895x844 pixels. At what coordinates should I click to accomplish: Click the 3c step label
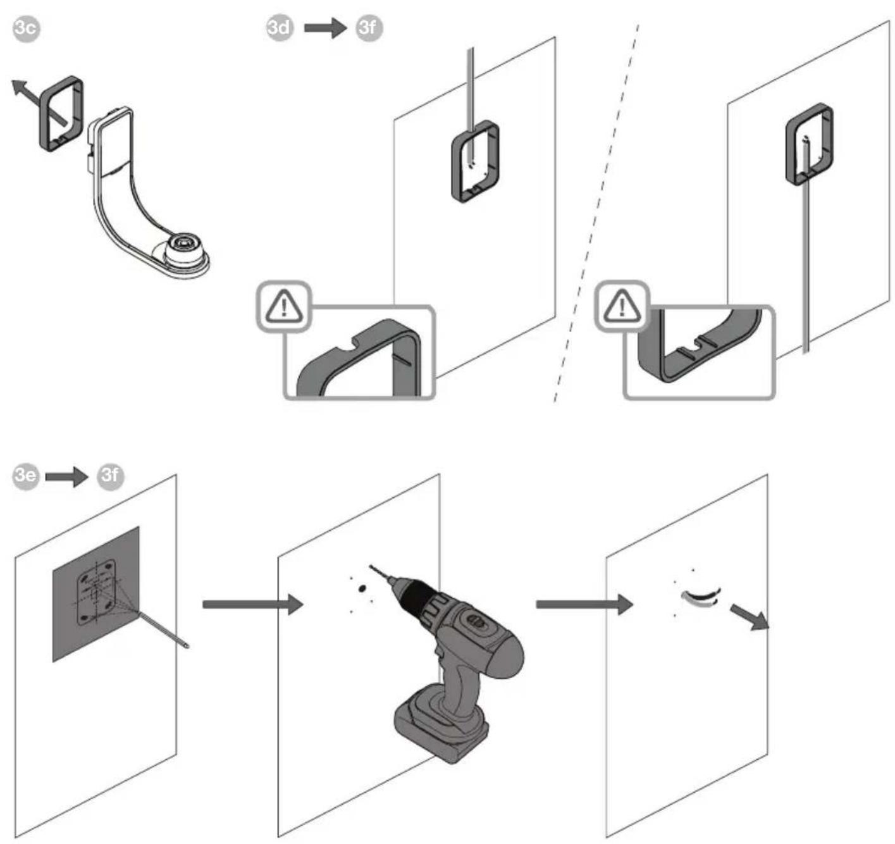coord(26,29)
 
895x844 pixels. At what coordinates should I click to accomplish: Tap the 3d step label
coord(280,28)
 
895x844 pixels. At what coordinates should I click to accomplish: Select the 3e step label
coord(26,476)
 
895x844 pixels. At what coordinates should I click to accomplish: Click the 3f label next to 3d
coord(369,28)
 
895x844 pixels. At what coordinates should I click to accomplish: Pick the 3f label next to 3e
coord(111,476)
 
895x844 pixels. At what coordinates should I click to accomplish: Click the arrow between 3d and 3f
coord(325,28)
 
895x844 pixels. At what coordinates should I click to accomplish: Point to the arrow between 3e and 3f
coord(66,476)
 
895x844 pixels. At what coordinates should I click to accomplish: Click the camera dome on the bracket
coord(183,249)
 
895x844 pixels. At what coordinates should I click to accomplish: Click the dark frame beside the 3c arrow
coord(61,114)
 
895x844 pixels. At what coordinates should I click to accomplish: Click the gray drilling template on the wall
coord(96,593)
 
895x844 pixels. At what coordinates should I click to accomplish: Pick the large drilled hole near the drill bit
coord(361,588)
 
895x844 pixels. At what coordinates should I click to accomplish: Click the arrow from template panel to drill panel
coord(253,605)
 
